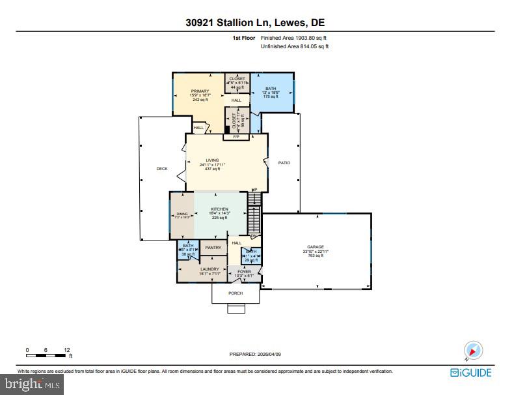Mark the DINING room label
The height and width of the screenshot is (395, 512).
click(182, 214)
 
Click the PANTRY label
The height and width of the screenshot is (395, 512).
click(213, 248)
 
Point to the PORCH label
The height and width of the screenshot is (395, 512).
click(236, 293)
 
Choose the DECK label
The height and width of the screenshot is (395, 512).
click(162, 169)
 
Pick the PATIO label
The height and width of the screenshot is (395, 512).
click(284, 163)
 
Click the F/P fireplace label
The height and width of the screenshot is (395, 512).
click(236, 137)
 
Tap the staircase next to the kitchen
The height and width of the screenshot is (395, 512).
click(254, 212)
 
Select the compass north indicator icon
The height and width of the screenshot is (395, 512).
click(472, 351)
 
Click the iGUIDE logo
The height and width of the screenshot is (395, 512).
click(471, 373)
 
